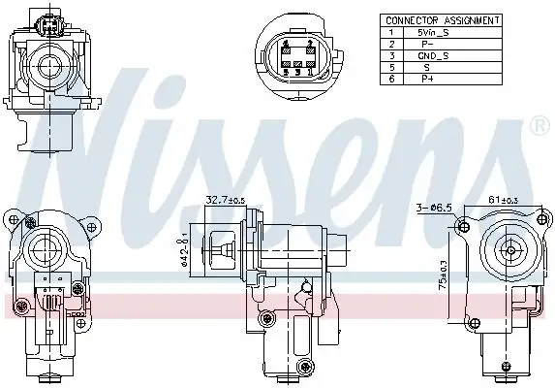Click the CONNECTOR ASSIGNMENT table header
442,19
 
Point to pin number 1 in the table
391,32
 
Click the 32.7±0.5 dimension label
223,200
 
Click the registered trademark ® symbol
539,126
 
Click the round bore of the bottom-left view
44,247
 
